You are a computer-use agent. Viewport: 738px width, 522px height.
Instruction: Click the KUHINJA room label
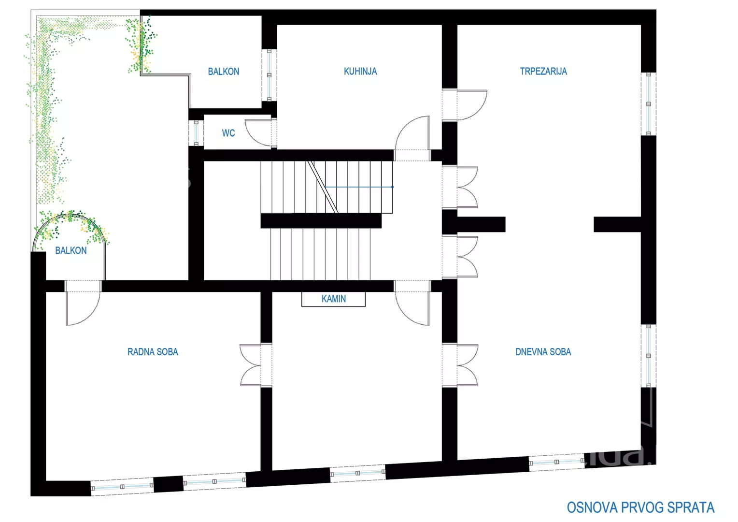360,71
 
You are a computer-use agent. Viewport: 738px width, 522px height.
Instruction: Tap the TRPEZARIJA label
543,71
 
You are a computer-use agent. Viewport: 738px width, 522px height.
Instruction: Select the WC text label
228,133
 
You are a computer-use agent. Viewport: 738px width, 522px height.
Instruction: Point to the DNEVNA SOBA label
543,352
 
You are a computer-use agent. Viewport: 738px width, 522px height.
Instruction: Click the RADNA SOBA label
153,352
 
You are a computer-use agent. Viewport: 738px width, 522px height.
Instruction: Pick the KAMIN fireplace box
333,299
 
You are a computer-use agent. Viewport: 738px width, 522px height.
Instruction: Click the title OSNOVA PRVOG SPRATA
640,507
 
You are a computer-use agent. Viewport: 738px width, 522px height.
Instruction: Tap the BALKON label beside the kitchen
223,72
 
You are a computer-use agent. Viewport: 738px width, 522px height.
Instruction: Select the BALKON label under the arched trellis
71,251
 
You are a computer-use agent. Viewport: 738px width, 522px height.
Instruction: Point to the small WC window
196,133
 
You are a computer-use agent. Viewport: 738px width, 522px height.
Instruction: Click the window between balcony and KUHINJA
269,75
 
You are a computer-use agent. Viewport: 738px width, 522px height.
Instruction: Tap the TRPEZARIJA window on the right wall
648,104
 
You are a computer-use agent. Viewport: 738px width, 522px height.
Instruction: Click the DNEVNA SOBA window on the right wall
648,356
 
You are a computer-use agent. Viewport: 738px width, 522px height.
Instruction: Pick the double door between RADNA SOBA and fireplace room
256,365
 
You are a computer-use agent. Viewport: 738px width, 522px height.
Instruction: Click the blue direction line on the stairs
359,187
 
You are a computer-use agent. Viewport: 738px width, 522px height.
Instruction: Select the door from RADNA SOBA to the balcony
83,303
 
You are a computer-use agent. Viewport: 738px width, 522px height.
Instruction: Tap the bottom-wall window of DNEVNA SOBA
556,462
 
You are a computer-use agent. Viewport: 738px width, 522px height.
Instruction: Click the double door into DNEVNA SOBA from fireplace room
460,365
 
